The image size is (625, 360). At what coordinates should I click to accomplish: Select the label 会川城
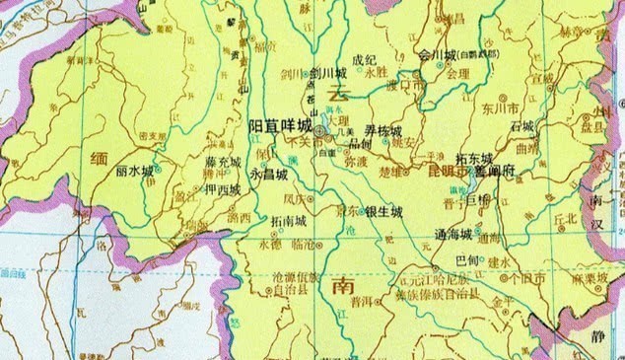coord(439,54)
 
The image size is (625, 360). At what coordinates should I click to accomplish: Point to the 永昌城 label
coord(269,174)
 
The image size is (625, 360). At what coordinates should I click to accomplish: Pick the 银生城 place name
coord(383,211)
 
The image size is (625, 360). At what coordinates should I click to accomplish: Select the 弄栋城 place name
coord(383,130)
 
